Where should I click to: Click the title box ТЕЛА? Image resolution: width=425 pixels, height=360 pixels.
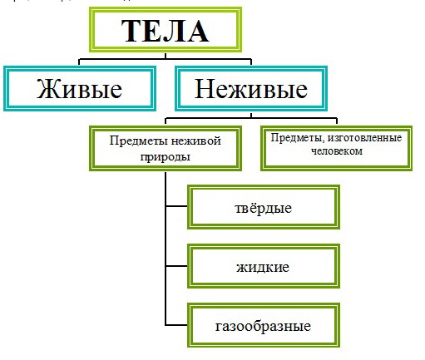pos(165,31)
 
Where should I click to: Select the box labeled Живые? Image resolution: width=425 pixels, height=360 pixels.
pos(79,87)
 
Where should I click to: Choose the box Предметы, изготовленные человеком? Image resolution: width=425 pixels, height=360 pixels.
pos(335,145)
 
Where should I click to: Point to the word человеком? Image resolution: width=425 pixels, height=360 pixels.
pos(335,151)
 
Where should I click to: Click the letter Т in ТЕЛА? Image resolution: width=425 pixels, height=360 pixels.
pos(134,32)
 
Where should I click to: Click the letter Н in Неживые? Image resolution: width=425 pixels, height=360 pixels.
pos(205,88)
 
